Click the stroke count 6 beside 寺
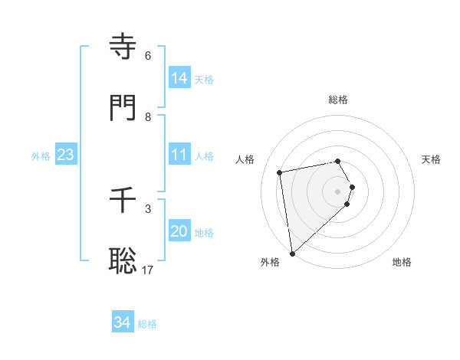(x=148, y=56)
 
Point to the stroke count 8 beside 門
(x=148, y=116)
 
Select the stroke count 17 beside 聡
(x=148, y=270)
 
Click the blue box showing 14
(x=179, y=78)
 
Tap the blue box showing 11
(x=179, y=155)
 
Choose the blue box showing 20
(x=179, y=231)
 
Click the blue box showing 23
(x=66, y=155)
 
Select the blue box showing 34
(x=123, y=322)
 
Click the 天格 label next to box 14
(x=204, y=79)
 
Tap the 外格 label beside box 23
(x=41, y=155)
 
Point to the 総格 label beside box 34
(x=147, y=323)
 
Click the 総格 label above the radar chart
(x=338, y=100)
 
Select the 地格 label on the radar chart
(x=402, y=262)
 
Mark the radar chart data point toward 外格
(x=292, y=253)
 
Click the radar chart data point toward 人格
(x=281, y=172)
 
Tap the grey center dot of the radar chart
(x=338, y=190)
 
